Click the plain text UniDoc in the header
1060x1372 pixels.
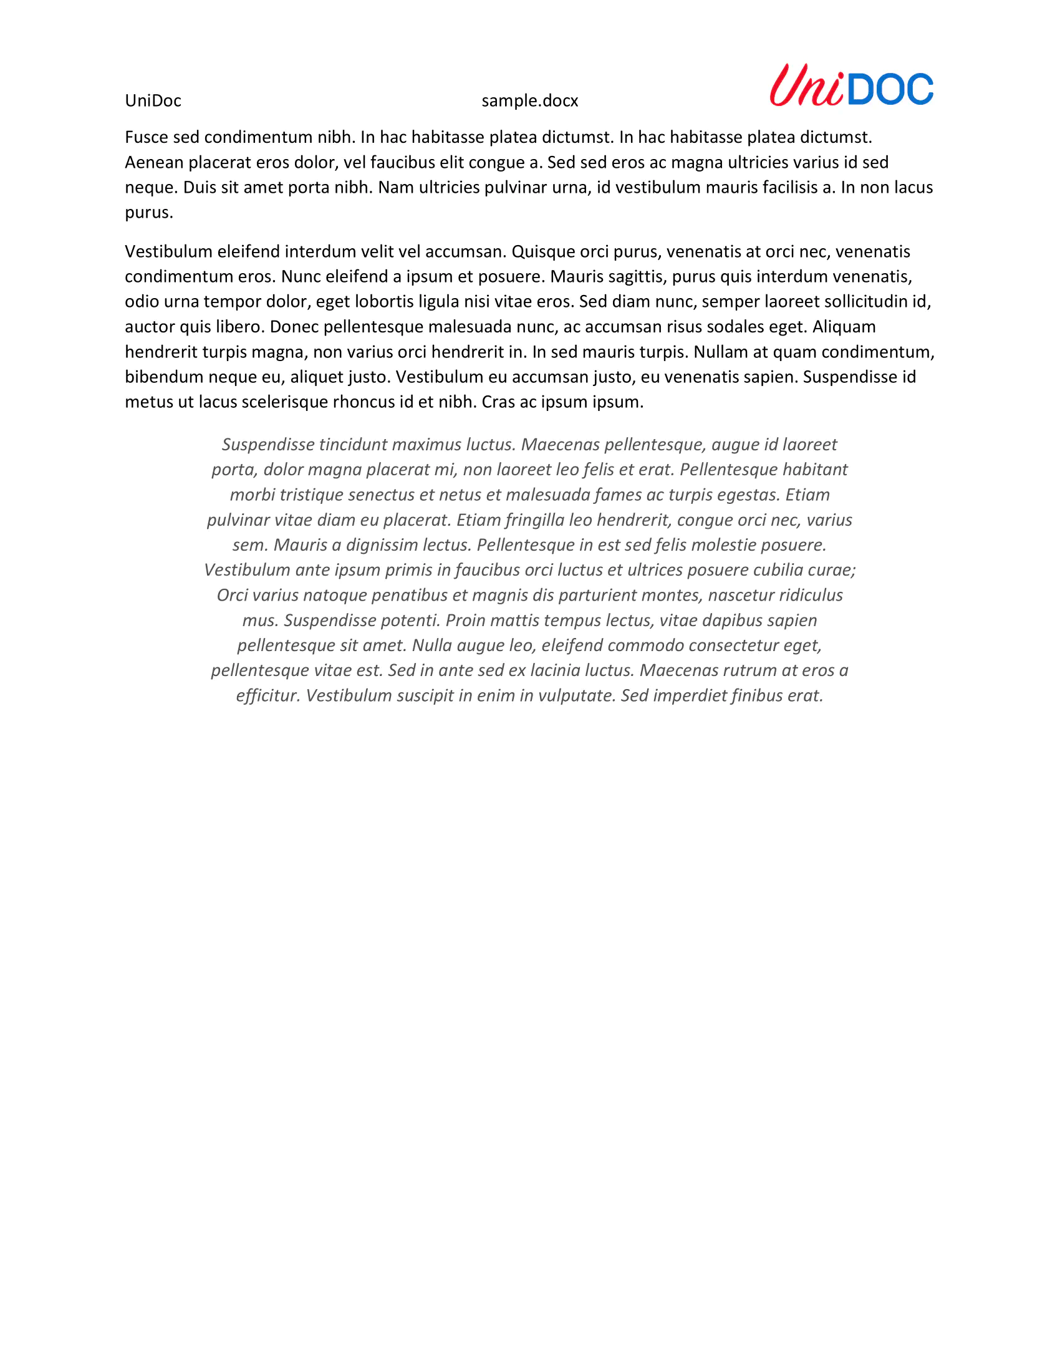153,100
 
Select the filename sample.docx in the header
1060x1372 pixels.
529,100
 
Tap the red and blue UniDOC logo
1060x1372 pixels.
851,85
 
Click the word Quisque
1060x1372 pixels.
543,251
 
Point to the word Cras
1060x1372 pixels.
498,402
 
